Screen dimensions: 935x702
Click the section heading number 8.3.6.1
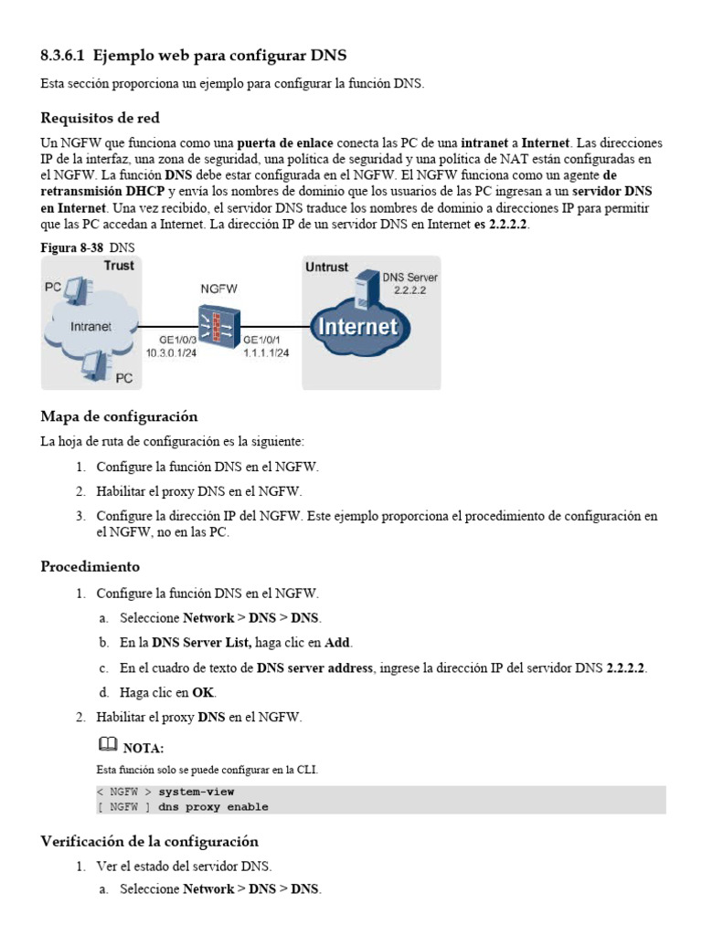tap(62, 56)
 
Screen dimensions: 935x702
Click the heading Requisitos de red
tap(101, 118)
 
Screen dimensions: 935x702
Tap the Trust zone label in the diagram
tap(118, 266)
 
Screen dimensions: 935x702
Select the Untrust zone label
tap(326, 267)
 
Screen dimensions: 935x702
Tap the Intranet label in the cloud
tap(91, 325)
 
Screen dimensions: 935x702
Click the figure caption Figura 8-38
tap(72, 247)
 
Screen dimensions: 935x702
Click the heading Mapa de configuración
tap(119, 416)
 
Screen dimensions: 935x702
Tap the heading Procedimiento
tap(90, 567)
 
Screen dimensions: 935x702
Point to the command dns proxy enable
tap(213, 806)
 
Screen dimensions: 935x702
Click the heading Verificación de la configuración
tap(149, 841)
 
